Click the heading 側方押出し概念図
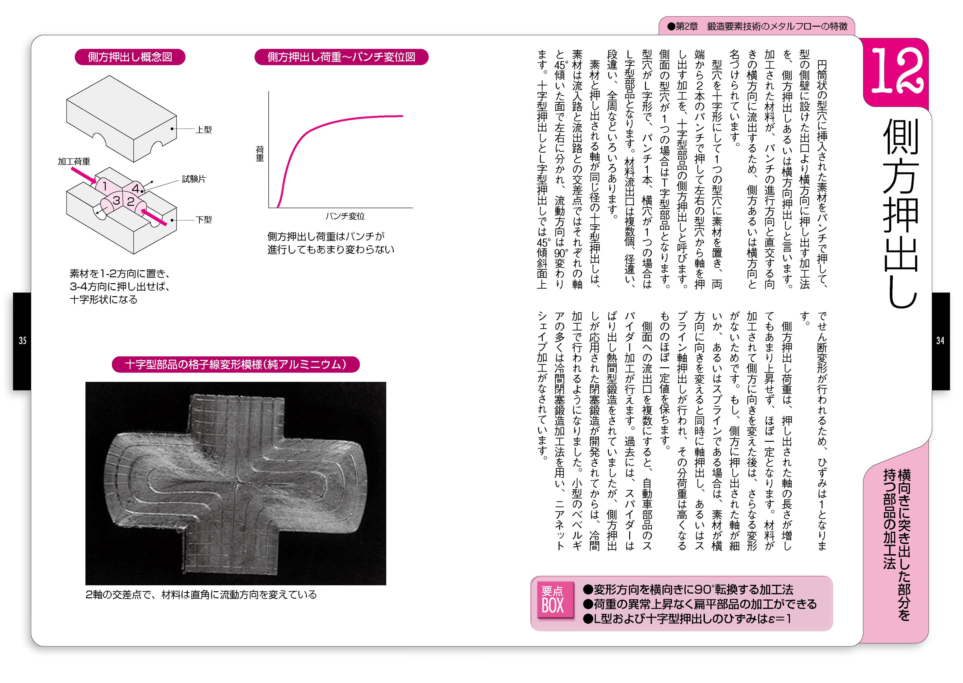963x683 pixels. coord(130,57)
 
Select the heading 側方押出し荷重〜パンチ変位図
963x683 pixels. coord(341,57)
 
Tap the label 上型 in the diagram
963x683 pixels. coord(204,130)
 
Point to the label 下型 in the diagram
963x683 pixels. coord(204,219)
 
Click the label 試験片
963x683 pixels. coord(194,179)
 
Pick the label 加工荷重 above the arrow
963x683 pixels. coord(74,161)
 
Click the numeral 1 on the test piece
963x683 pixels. coord(105,186)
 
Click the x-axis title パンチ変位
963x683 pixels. coord(345,216)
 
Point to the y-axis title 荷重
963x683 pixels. coord(260,154)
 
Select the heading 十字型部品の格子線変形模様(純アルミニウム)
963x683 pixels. coord(236,364)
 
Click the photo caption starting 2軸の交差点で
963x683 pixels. coord(201,595)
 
